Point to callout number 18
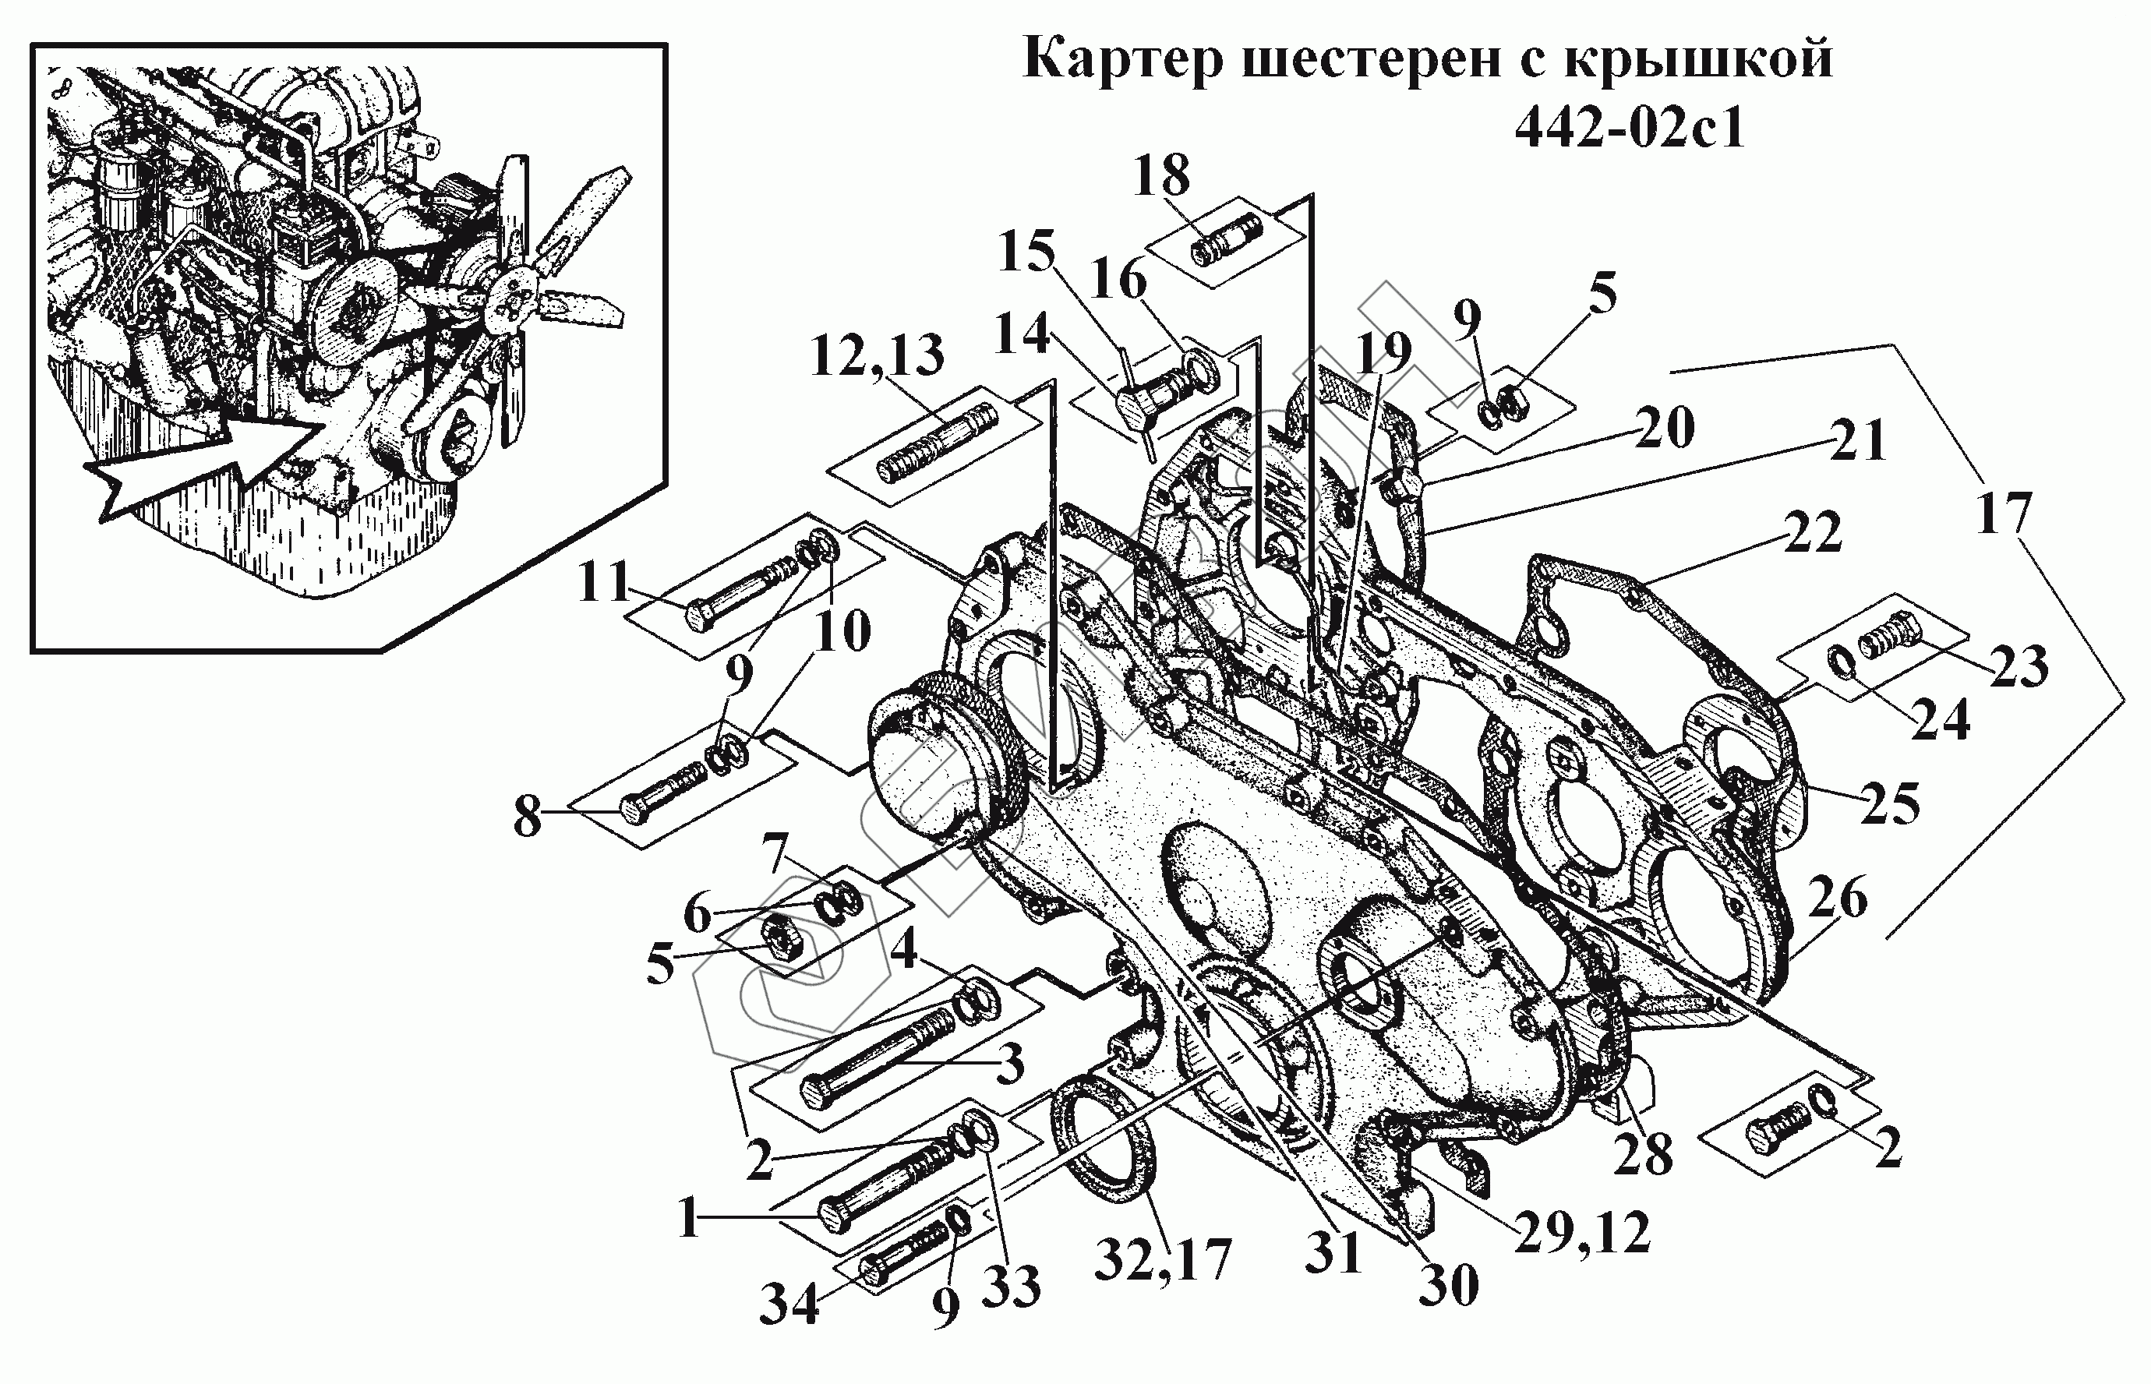click(1161, 175)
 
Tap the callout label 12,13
click(877, 356)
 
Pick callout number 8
click(528, 817)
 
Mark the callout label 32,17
click(1163, 1260)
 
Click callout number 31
click(1333, 1251)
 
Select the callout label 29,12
click(1582, 1233)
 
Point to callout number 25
click(1891, 803)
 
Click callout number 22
click(1812, 532)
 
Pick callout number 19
click(1383, 353)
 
